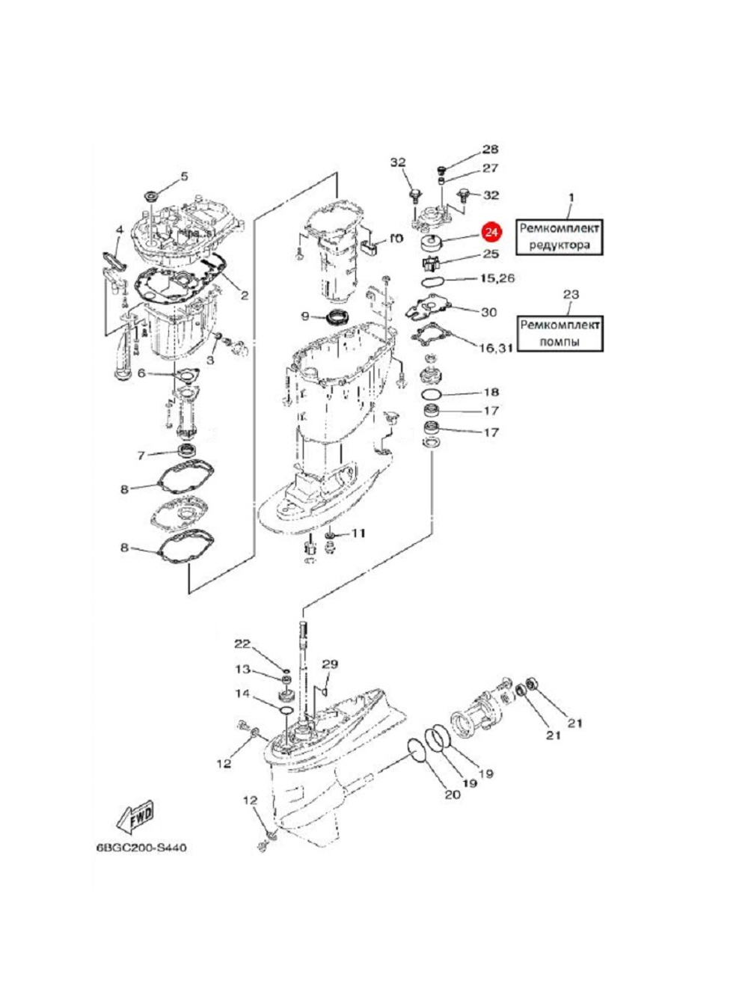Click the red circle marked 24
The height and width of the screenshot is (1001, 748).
(x=491, y=232)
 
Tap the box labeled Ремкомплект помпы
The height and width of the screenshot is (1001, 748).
(x=561, y=333)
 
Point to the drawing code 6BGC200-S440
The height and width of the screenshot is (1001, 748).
(x=140, y=848)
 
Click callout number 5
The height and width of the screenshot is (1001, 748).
(x=183, y=177)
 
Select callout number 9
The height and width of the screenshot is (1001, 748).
(x=305, y=316)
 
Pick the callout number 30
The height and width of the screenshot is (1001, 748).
(x=488, y=312)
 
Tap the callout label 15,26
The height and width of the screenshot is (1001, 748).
(x=497, y=278)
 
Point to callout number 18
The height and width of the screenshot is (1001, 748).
(x=491, y=392)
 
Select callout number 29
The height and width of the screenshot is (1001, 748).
(x=330, y=664)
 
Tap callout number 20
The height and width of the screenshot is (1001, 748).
(x=452, y=795)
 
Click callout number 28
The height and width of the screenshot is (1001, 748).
(x=490, y=150)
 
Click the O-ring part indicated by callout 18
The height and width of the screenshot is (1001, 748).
(x=431, y=392)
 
